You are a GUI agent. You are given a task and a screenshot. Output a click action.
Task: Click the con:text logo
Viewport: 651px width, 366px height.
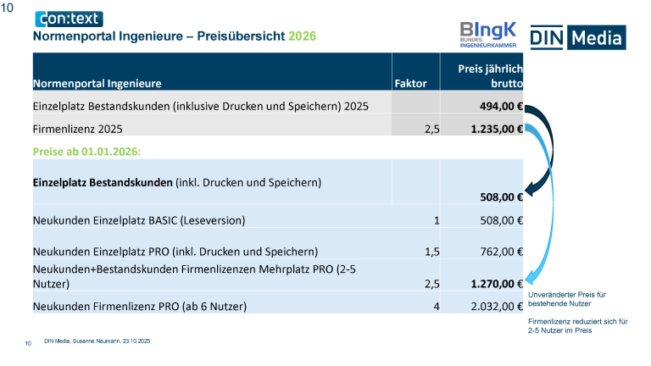[x=68, y=19]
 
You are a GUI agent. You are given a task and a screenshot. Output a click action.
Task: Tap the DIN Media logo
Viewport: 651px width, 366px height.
[x=577, y=37]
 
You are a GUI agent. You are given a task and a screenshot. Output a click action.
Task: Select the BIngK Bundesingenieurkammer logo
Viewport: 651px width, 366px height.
[x=488, y=34]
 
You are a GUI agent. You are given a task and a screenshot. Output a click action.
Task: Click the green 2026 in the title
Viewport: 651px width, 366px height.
[x=302, y=36]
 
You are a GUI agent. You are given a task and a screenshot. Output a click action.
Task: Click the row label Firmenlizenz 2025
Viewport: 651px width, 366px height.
[x=78, y=130]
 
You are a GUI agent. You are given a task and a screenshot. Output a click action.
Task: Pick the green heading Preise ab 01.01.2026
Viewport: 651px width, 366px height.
[x=86, y=151]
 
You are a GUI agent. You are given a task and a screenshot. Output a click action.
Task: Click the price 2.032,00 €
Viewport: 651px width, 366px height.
[x=491, y=306]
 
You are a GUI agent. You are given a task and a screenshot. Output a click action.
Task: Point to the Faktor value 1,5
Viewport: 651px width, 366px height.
[x=431, y=251]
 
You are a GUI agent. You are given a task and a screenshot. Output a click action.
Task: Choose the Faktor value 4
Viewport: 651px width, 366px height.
[x=436, y=306]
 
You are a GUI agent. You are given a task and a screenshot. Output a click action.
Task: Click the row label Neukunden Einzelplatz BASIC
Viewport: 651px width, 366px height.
[x=139, y=221]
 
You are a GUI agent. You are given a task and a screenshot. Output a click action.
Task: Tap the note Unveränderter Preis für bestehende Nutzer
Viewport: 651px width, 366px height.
[x=566, y=298]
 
